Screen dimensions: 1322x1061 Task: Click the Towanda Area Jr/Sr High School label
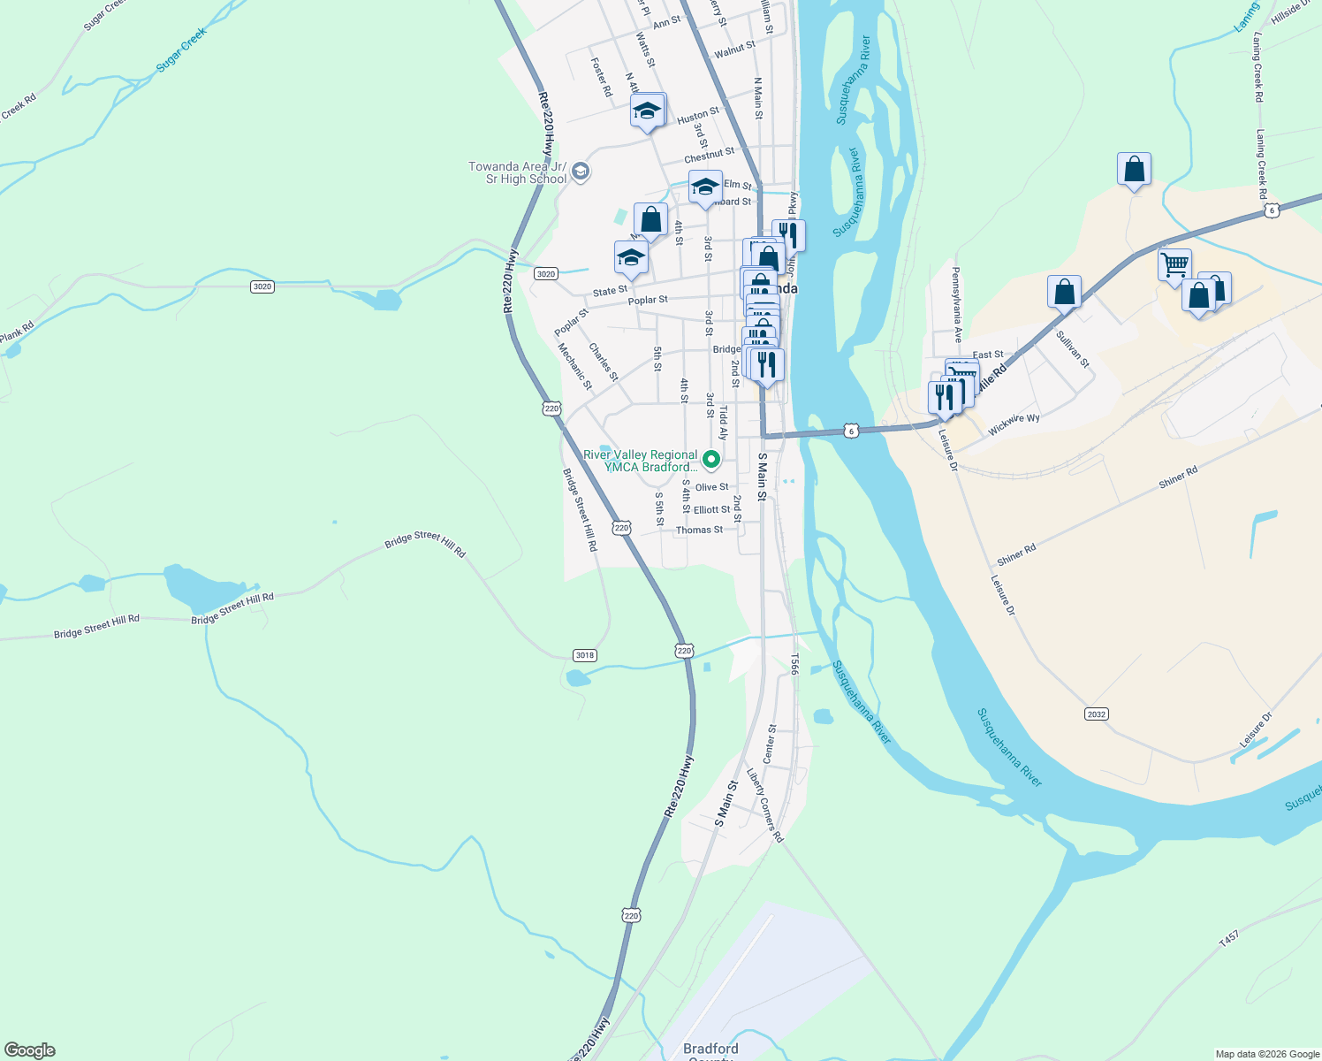click(517, 172)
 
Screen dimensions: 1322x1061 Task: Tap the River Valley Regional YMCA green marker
click(710, 460)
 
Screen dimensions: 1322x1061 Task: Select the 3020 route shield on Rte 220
click(546, 274)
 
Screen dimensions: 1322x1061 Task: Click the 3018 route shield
click(585, 655)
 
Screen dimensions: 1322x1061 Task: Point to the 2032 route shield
click(1096, 714)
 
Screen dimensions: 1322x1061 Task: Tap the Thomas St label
click(699, 530)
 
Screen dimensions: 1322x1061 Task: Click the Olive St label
click(711, 487)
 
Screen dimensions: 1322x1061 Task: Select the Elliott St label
click(711, 510)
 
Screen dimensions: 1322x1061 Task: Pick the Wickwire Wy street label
click(1014, 425)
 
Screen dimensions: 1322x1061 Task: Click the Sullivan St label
click(1073, 349)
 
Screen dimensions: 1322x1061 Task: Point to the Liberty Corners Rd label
click(765, 805)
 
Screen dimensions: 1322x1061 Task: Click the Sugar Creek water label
click(181, 50)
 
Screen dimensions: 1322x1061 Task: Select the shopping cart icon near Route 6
click(1174, 263)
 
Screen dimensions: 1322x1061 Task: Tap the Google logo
click(30, 1050)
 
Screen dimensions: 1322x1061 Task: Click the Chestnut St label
click(709, 156)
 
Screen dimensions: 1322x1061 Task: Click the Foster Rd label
click(601, 77)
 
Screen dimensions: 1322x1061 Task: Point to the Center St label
click(770, 744)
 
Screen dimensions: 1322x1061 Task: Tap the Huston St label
click(698, 116)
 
